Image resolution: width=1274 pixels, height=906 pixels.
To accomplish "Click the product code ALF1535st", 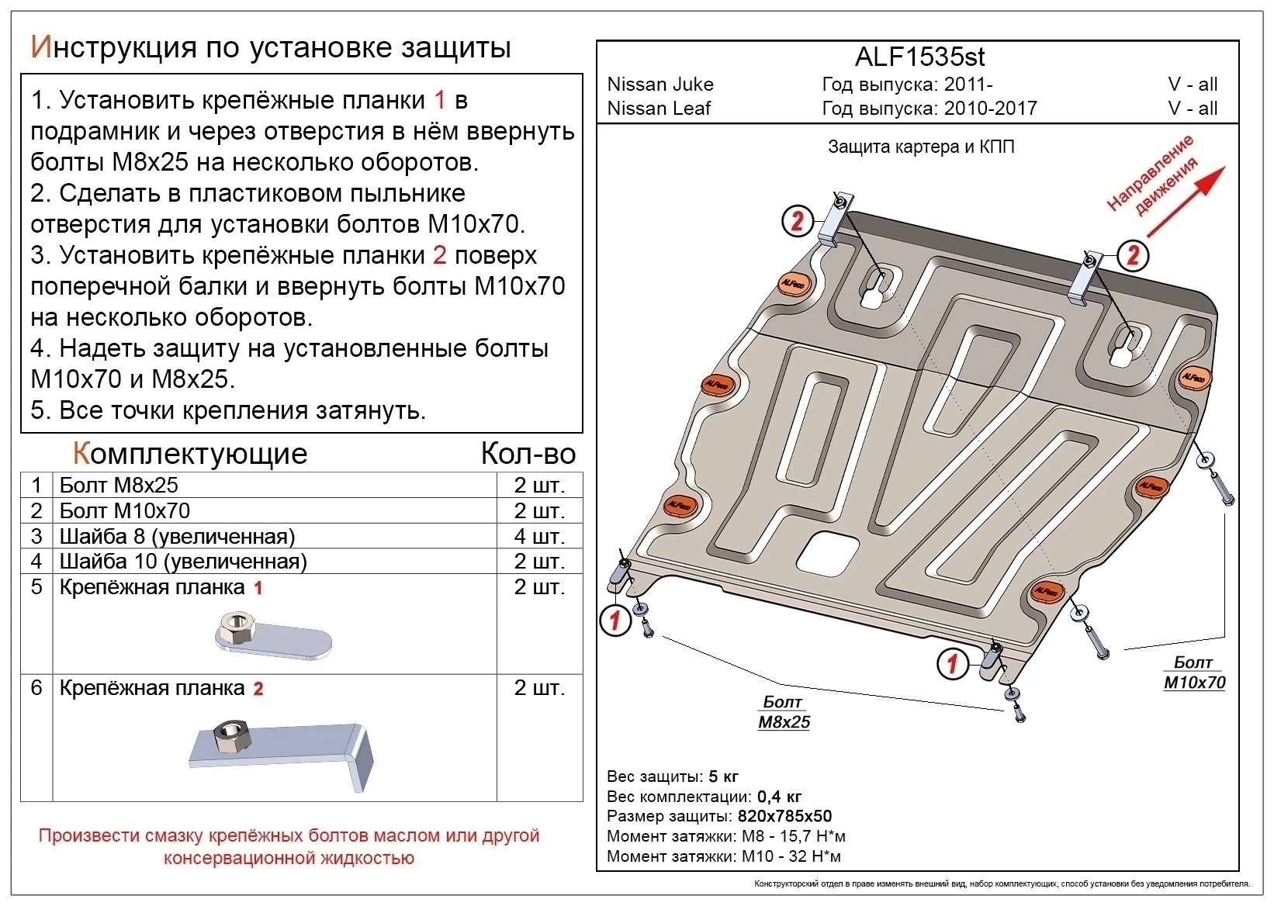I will [919, 57].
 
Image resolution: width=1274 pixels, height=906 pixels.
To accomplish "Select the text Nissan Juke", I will [660, 85].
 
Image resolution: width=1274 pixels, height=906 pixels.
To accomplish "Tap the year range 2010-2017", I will [990, 109].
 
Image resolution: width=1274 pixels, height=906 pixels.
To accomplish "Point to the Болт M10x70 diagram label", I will [1194, 673].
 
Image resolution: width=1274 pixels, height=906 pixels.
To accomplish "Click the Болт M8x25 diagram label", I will [784, 712].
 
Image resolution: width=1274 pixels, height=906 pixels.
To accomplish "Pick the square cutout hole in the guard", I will [829, 553].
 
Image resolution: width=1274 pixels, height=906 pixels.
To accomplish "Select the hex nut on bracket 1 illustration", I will [234, 626].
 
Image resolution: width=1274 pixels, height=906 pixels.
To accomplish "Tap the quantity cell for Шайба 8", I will [539, 536].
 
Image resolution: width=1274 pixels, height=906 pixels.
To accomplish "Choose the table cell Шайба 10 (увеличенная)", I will [183, 562].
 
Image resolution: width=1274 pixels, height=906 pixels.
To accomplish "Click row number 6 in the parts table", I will [36, 688].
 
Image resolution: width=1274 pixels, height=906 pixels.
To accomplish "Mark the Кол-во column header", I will [528, 454].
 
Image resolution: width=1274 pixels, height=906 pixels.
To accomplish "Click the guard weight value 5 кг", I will [722, 776].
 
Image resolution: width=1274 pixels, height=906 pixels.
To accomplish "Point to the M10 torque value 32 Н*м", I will [817, 856].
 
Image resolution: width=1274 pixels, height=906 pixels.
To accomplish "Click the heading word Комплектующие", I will [190, 454].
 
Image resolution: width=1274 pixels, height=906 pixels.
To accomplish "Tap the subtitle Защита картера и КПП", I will [921, 147].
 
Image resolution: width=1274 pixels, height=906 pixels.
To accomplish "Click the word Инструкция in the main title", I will [113, 48].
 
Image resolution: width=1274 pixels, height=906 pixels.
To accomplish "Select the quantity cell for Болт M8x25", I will [539, 486].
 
